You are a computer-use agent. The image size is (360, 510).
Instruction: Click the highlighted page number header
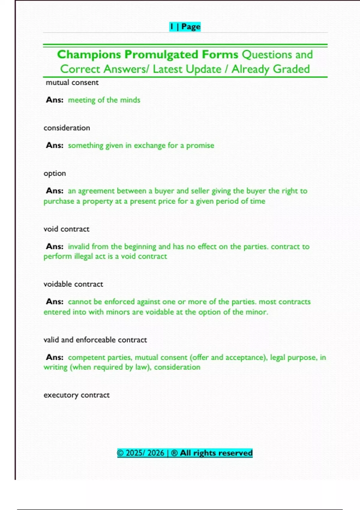(x=185, y=27)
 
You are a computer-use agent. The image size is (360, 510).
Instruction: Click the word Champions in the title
(x=89, y=55)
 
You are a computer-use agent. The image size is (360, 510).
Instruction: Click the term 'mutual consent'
(x=72, y=82)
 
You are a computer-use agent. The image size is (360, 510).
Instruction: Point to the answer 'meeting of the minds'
(x=104, y=100)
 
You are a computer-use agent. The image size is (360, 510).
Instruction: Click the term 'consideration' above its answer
(x=67, y=128)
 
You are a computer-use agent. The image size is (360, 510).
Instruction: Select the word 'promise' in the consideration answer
(x=200, y=145)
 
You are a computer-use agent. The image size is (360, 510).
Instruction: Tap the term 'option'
(x=55, y=173)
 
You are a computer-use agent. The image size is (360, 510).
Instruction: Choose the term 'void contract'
(x=66, y=229)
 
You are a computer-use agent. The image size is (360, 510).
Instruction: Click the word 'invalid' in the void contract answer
(x=79, y=247)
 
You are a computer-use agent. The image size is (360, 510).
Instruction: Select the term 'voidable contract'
(x=73, y=284)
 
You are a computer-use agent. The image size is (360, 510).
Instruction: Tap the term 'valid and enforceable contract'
(x=95, y=340)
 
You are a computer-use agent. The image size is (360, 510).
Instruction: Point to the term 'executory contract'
(x=76, y=395)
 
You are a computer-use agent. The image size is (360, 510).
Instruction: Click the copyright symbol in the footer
(x=120, y=453)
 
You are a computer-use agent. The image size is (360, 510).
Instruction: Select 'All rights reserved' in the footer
(x=216, y=453)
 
